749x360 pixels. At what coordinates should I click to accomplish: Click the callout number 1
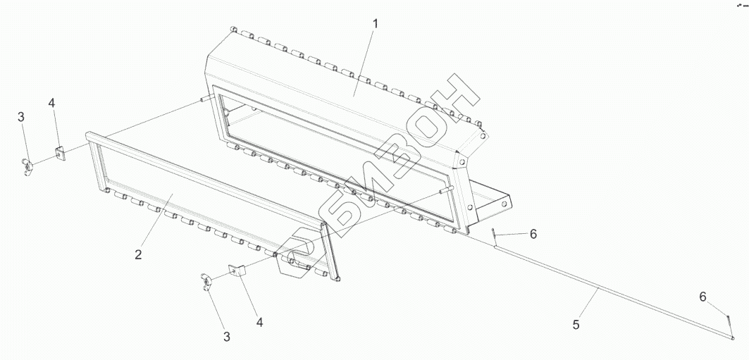pyautogui.click(x=376, y=23)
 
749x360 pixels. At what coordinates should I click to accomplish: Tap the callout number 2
pyautogui.click(x=139, y=254)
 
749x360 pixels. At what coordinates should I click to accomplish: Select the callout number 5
pyautogui.click(x=576, y=325)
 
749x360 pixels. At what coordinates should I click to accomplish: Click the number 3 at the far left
pyautogui.click(x=21, y=117)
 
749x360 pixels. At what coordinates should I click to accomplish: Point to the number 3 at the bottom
pyautogui.click(x=227, y=337)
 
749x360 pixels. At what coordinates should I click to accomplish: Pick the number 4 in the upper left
pyautogui.click(x=51, y=104)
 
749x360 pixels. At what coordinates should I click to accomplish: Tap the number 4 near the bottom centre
pyautogui.click(x=259, y=322)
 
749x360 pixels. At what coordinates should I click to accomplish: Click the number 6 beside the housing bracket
pyautogui.click(x=533, y=233)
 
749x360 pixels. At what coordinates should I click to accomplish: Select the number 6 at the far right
pyautogui.click(x=702, y=297)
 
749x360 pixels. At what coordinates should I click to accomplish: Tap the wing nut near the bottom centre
pyautogui.click(x=205, y=281)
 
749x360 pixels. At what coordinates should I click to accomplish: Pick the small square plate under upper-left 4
pyautogui.click(x=60, y=153)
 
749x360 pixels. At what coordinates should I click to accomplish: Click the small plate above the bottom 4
pyautogui.click(x=235, y=270)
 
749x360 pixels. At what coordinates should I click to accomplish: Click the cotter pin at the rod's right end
pyautogui.click(x=731, y=325)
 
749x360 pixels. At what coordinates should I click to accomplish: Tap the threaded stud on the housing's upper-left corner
pyautogui.click(x=204, y=100)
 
